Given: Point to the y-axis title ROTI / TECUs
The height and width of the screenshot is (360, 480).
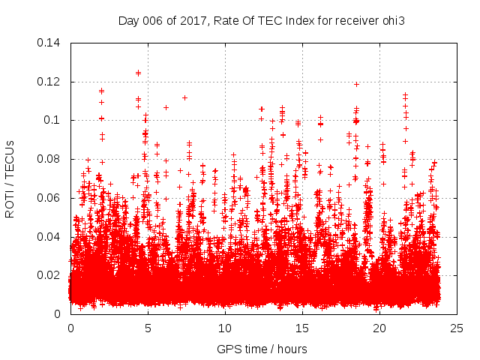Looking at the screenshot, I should (10, 178).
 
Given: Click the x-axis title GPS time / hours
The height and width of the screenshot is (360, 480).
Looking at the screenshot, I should (262, 349).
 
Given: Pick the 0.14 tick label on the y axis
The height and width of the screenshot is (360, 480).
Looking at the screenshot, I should (49, 42).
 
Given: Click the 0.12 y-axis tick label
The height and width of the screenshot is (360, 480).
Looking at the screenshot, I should (49, 81).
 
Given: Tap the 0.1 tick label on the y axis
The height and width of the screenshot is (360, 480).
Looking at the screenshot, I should (53, 120).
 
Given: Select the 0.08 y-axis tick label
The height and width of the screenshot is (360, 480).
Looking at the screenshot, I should (49, 159).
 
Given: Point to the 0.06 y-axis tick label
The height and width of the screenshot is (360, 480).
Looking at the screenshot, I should (49, 198).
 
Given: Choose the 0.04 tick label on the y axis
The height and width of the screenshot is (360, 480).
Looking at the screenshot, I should (49, 237).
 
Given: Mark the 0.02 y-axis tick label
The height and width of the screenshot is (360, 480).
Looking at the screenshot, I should (49, 275).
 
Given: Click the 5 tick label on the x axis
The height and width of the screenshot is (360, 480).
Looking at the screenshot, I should (148, 328).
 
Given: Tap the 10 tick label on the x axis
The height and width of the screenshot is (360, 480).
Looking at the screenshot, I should (225, 328).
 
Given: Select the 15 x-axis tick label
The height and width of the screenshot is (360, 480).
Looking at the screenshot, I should (302, 328).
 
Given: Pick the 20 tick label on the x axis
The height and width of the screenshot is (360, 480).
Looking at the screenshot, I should (379, 328).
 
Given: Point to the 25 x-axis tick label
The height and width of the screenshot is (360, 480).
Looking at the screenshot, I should (457, 328).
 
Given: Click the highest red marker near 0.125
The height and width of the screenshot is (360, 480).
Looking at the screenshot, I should (138, 73).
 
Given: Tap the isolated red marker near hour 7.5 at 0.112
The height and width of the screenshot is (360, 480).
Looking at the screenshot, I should (184, 97).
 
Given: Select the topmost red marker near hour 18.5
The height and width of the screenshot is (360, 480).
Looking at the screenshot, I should (356, 84).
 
